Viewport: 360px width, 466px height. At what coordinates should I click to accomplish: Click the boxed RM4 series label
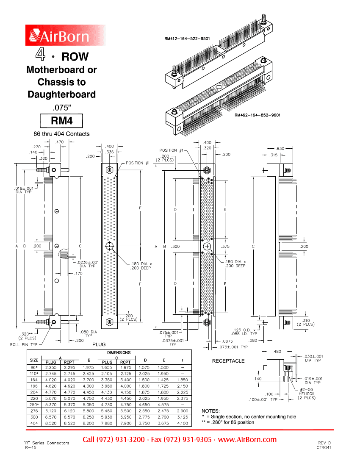pos(61,121)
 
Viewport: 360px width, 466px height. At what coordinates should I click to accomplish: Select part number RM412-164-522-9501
pos(187,39)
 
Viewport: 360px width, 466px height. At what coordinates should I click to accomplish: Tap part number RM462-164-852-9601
pos(258,115)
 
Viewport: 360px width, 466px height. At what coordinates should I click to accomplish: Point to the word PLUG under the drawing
pos(99,344)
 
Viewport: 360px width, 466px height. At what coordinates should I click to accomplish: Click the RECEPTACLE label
pos(228,361)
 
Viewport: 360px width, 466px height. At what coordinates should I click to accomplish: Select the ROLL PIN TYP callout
pos(24,344)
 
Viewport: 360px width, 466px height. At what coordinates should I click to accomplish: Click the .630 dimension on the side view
pos(280,149)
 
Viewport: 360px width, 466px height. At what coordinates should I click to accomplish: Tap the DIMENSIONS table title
pos(119,352)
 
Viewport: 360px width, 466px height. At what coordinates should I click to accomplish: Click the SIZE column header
pos(34,360)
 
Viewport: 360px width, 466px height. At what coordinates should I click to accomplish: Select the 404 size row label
pos(34,423)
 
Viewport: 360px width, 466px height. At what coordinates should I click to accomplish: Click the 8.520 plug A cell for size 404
pos(51,423)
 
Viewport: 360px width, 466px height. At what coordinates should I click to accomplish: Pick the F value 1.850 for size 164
pos(183,380)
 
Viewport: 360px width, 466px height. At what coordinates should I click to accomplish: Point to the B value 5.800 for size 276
pos(88,411)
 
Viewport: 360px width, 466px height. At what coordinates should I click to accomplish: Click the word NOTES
pos(210,411)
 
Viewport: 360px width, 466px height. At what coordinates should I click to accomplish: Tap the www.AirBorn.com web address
pos(247,440)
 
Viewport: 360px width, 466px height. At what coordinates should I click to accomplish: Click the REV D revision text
pos(324,443)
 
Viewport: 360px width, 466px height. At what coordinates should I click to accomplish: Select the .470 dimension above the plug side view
pos(59,142)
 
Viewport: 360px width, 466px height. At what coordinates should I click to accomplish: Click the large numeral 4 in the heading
pos(40,54)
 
